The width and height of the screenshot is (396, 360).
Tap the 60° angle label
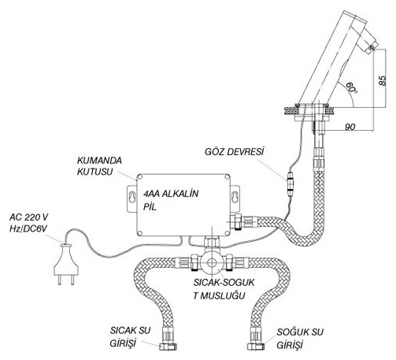(351, 88)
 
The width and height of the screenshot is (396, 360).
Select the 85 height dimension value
(383, 80)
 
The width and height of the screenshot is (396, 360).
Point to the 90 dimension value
(350, 127)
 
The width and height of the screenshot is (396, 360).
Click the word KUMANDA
(99, 161)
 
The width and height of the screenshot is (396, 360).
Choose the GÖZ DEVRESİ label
(234, 152)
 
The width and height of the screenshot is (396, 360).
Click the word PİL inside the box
(150, 207)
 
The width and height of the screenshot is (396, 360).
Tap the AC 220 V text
(29, 217)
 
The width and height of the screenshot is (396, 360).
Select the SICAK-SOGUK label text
(224, 283)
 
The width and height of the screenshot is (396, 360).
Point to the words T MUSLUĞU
(219, 295)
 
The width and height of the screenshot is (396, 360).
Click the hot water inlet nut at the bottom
(168, 347)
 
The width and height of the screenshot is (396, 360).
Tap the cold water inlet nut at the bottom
(256, 347)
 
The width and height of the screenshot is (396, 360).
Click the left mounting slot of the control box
(132, 199)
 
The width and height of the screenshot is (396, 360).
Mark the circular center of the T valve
(212, 263)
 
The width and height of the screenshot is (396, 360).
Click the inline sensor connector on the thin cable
(291, 184)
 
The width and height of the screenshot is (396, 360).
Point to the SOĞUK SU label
(300, 332)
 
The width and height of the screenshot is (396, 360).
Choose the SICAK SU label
(130, 331)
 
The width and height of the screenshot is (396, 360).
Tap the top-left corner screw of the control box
(140, 177)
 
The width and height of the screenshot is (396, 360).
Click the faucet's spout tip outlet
(372, 48)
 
